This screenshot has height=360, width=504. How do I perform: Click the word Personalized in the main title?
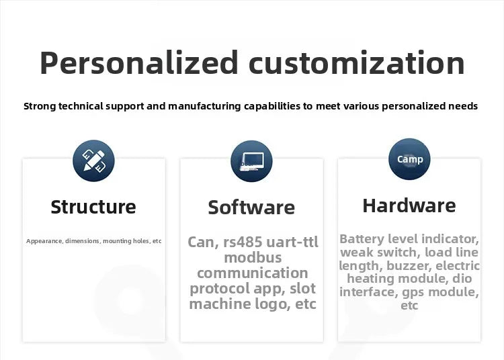(x=138, y=62)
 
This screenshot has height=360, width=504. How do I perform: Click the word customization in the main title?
(x=356, y=63)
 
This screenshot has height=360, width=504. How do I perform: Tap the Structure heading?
(x=93, y=207)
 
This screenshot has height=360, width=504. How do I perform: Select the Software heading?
(x=251, y=207)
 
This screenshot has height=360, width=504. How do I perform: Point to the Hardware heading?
(x=409, y=206)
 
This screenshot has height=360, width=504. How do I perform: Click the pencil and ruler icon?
(x=93, y=161)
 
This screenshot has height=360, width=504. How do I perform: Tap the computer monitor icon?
(x=251, y=161)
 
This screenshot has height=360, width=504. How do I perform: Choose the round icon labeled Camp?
(x=409, y=159)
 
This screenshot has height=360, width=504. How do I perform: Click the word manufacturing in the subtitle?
(x=204, y=106)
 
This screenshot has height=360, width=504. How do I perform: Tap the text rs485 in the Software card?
(x=243, y=242)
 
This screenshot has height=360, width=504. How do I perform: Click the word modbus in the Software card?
(x=253, y=257)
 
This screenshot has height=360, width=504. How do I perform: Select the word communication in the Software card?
(x=253, y=273)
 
